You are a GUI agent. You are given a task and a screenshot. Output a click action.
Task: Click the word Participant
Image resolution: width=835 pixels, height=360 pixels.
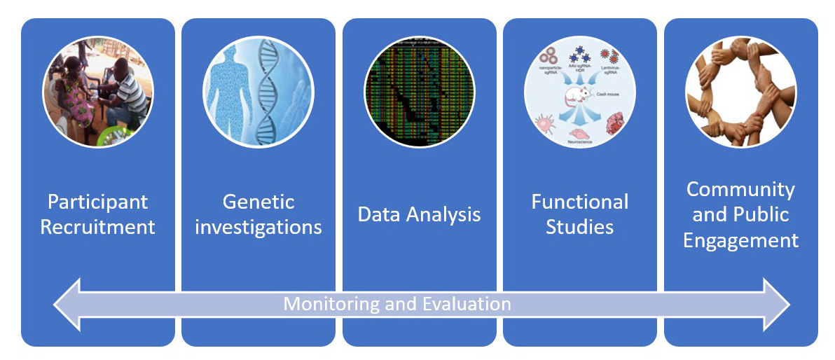pos(97,202)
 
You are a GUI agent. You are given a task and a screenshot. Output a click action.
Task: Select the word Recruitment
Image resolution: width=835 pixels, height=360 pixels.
pos(97,228)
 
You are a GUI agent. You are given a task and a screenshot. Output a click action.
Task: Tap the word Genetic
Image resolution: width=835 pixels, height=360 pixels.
pos(258,202)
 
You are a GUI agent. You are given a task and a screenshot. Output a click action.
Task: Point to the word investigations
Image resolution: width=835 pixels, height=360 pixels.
pos(258,228)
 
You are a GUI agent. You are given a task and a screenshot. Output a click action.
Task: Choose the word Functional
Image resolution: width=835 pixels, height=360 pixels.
pos(580,202)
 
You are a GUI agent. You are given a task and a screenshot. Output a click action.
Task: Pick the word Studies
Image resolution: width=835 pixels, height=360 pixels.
pos(580,228)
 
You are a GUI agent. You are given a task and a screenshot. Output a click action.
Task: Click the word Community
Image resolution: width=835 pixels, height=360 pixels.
pos(740,190)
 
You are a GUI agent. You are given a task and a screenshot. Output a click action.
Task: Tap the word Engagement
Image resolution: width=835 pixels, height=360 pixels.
pos(740,241)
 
